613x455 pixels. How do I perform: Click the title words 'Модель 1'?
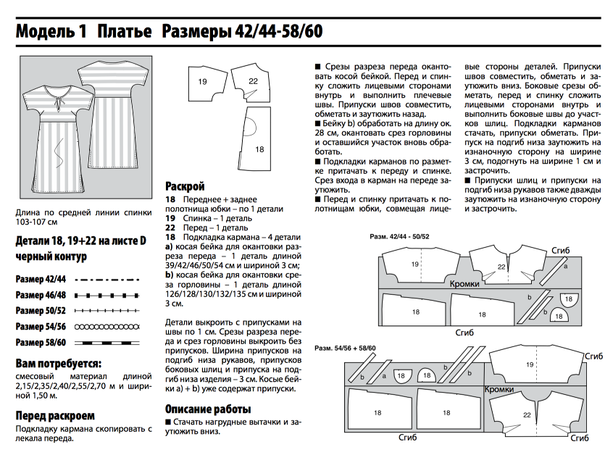click(51, 32)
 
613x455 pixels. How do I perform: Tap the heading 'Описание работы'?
click(209, 408)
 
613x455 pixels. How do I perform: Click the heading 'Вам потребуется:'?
click(58, 362)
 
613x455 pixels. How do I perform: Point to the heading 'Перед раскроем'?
click(55, 415)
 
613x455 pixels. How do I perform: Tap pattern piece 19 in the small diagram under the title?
click(203, 82)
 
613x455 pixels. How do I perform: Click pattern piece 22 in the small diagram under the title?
click(253, 82)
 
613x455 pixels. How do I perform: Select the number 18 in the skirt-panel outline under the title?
click(259, 149)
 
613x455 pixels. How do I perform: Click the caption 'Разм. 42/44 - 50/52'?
click(399, 237)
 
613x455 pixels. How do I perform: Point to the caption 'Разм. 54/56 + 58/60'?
click(346, 348)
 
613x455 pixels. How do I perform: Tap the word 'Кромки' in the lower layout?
click(500, 390)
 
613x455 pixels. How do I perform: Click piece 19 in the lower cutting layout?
click(530, 365)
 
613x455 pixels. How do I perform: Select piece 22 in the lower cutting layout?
click(527, 415)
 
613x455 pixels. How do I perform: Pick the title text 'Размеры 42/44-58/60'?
click(242, 32)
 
